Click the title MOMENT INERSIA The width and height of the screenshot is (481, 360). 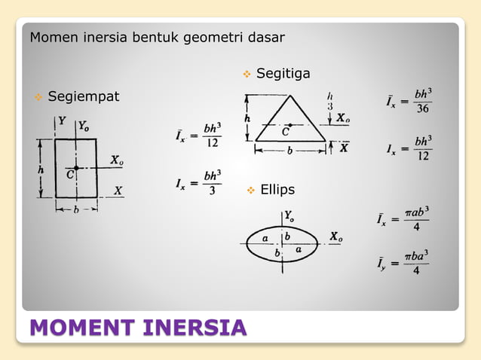pyautogui.click(x=138, y=329)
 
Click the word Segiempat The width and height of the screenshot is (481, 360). pyautogui.click(x=84, y=97)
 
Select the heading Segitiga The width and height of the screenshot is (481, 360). pyautogui.click(x=283, y=74)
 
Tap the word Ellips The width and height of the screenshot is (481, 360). pyautogui.click(x=277, y=189)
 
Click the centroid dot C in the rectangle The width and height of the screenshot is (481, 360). pyautogui.click(x=76, y=167)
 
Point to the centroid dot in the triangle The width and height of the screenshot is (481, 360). pyautogui.click(x=290, y=125)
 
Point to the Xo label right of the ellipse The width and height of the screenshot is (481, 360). pyautogui.click(x=336, y=237)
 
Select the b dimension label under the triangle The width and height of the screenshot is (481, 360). pyautogui.click(x=289, y=151)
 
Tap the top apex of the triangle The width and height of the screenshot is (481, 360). pyautogui.click(x=290, y=93)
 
